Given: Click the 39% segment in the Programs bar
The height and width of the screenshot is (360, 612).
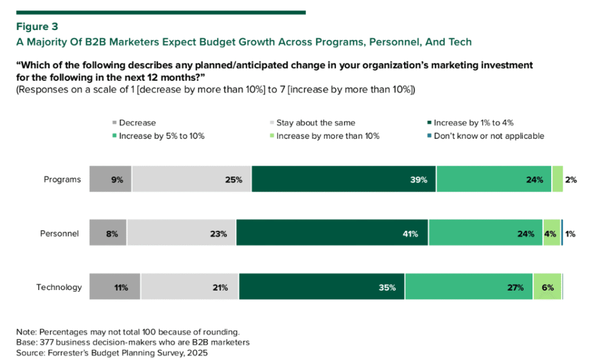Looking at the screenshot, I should [344, 179].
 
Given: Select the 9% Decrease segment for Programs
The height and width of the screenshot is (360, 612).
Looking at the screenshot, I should [111, 179].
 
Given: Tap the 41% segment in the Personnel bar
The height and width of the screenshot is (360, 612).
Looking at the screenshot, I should [332, 233].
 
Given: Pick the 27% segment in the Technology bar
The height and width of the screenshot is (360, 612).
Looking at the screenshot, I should [469, 287].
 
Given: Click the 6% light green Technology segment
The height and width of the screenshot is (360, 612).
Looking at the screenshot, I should [547, 287].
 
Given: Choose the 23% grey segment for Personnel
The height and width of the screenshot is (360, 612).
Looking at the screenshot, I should [182, 233].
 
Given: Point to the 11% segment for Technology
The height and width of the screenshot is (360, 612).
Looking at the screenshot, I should [115, 287].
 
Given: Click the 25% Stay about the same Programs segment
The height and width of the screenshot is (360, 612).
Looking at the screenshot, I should [192, 179].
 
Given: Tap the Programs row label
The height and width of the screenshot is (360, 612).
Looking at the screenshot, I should [62, 179].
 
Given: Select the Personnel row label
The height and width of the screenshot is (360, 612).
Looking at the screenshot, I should [61, 233].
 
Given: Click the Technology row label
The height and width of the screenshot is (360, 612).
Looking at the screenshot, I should [59, 287].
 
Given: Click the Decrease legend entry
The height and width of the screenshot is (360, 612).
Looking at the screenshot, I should [137, 123].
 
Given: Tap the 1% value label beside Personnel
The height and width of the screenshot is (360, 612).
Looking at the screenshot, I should [570, 234].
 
